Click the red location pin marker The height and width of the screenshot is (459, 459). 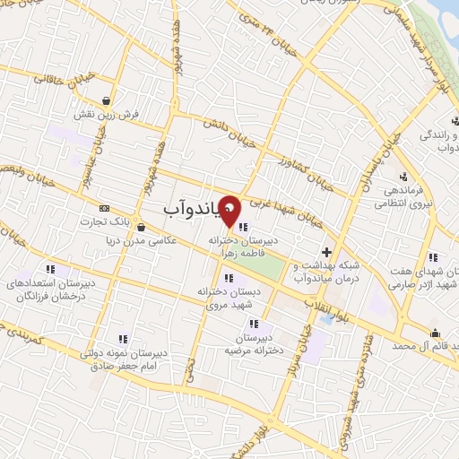coord(229,210)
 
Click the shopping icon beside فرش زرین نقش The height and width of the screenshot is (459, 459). coord(108,100)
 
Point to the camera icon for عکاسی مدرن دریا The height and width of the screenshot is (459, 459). coord(142,226)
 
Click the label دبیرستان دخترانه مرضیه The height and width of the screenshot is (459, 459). coord(255,342)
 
